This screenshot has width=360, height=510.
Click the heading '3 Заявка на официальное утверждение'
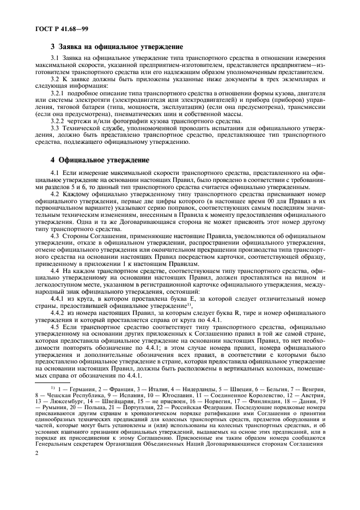click(x=117, y=47)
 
